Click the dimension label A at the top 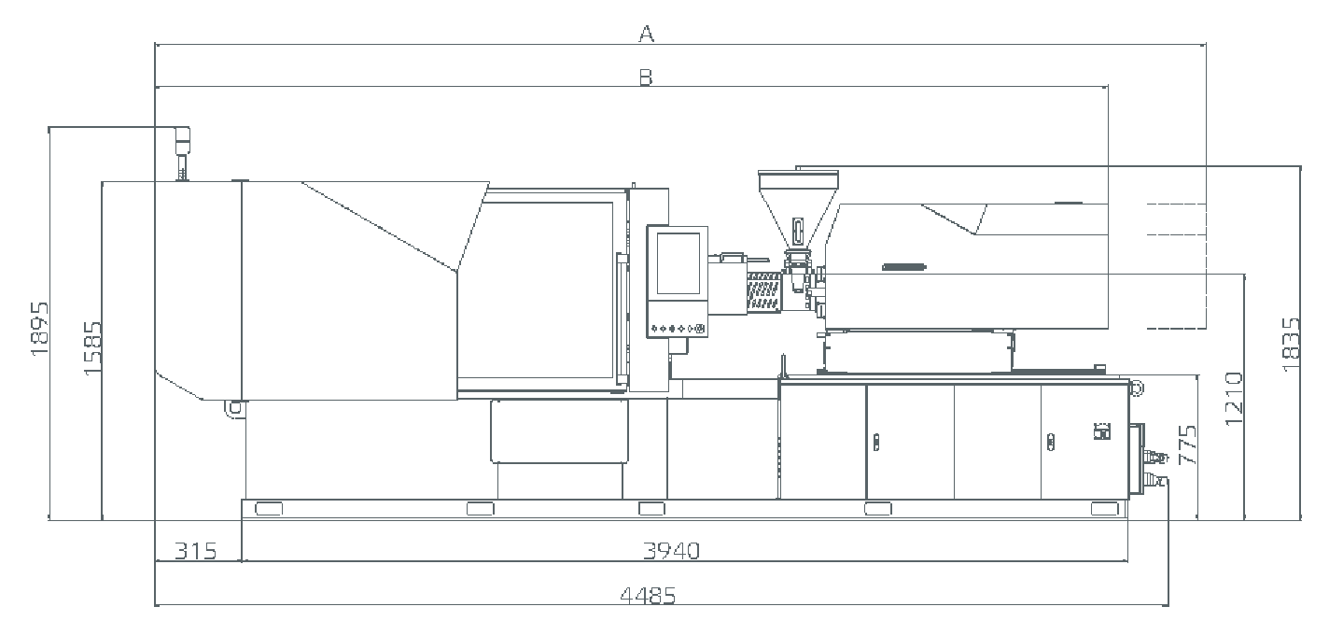click(647, 34)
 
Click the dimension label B click(646, 78)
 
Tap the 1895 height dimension click(39, 330)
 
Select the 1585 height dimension click(92, 348)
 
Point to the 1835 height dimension click(1291, 345)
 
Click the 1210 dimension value click(1233, 399)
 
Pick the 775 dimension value click(1186, 445)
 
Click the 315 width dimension click(195, 551)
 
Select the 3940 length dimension click(672, 551)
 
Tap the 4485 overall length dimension click(648, 595)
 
